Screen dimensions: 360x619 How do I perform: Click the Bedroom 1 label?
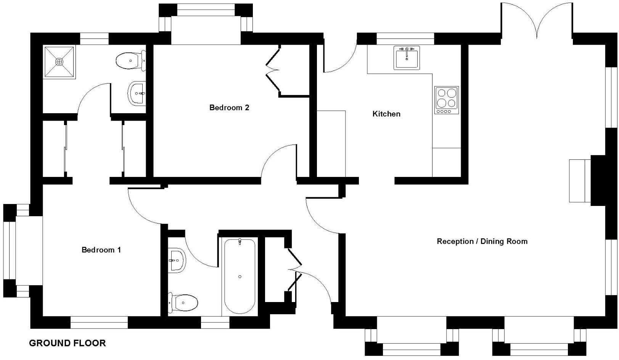tap(101, 250)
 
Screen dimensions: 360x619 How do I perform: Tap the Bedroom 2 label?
tap(229, 108)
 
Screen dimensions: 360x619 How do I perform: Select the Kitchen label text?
tap(386, 114)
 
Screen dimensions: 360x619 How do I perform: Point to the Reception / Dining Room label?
tap(482, 241)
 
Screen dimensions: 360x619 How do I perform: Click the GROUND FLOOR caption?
tap(68, 343)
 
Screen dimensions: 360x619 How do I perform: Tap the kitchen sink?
tap(407, 58)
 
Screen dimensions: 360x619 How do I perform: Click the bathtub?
tap(240, 276)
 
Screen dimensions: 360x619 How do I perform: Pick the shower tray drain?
tap(59, 61)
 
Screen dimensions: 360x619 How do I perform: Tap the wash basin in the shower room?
tap(136, 93)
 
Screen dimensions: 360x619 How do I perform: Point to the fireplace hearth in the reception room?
tap(579, 181)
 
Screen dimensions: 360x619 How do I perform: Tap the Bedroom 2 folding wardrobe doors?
tap(273, 70)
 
